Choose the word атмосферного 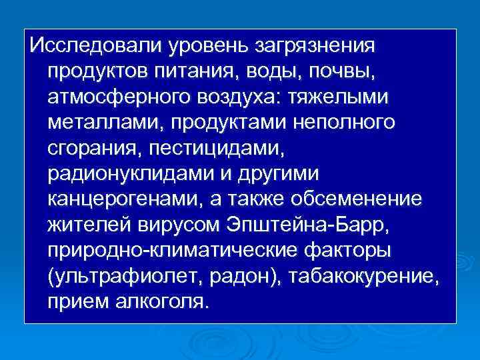tap(120, 97)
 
